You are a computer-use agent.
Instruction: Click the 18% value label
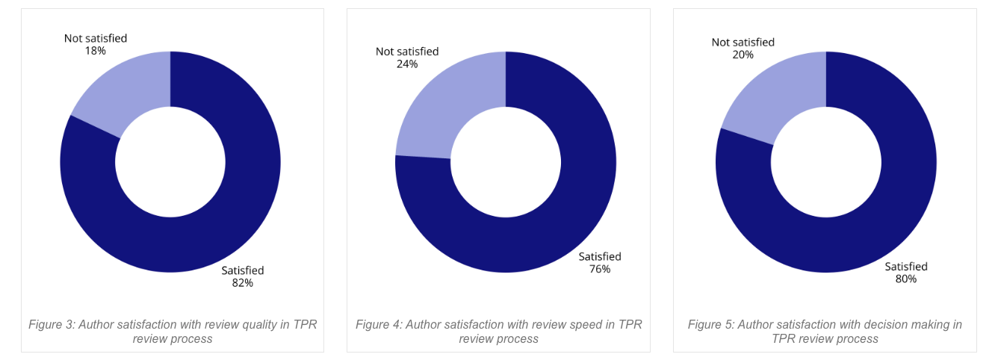[x=96, y=51]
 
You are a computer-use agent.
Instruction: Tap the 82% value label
[x=243, y=283]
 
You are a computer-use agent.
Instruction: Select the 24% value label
[x=407, y=64]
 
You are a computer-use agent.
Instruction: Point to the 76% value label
[x=600, y=269]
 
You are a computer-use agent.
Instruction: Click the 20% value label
[x=743, y=55]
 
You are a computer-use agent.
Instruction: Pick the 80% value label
[x=906, y=279]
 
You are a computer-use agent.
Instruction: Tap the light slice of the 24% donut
[x=441, y=112]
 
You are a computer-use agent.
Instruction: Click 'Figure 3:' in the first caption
[x=52, y=325]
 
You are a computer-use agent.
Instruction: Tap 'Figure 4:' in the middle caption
[x=379, y=325]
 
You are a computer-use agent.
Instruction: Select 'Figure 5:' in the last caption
[x=711, y=325]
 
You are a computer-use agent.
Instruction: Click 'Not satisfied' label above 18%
[x=96, y=38]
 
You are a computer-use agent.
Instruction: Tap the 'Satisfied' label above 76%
[x=600, y=256]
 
